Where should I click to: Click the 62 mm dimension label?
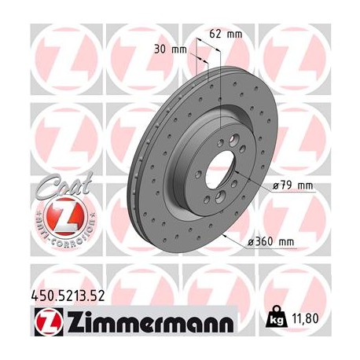point(226,34)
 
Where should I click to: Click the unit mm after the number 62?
point(235,34)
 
